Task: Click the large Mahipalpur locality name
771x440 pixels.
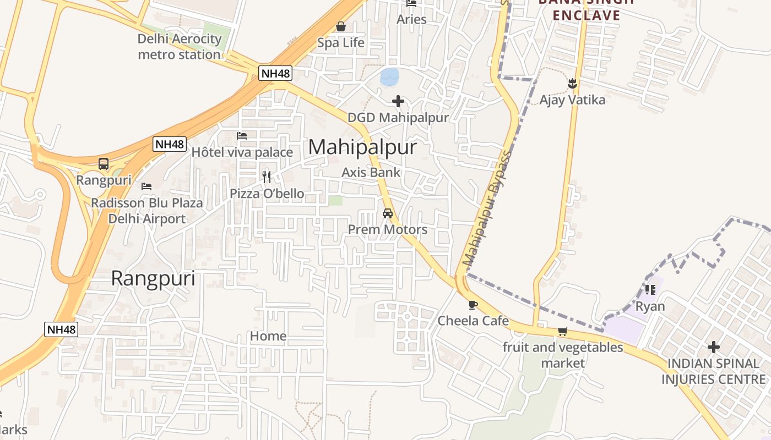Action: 362,147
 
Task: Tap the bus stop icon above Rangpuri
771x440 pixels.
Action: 104,163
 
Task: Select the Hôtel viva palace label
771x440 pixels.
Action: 242,152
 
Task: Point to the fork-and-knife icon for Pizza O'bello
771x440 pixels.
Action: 267,177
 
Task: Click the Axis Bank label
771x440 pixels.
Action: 371,172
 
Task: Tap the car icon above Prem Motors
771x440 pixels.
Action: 388,213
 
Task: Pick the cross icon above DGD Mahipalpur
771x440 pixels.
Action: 398,101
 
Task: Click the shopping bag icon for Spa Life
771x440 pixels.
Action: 341,26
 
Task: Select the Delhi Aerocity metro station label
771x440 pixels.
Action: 179,47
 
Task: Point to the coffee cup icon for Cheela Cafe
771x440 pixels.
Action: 473,305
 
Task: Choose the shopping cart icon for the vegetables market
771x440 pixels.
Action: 562,331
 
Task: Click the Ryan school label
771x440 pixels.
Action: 650,306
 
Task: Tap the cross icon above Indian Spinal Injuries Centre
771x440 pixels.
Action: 714,347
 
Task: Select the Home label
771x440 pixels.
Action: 268,336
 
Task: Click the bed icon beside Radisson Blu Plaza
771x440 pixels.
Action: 146,186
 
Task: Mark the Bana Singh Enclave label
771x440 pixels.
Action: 587,9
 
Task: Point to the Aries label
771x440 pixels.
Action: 411,19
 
